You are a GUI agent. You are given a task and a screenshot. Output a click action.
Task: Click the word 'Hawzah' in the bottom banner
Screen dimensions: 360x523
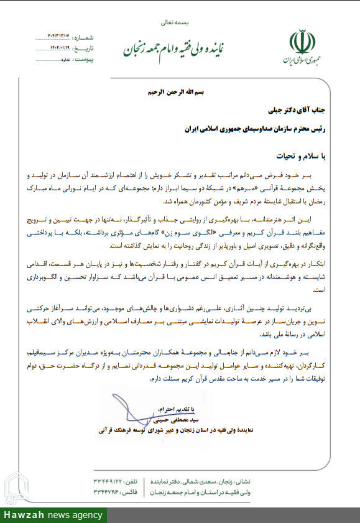(x=22, y=516)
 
